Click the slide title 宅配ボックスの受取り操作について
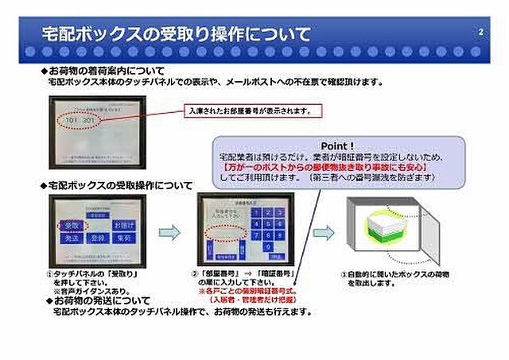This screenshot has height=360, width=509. (x=176, y=34)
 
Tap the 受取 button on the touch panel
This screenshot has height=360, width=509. (x=71, y=226)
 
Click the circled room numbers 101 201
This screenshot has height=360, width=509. (x=80, y=120)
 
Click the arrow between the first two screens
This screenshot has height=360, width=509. (x=169, y=232)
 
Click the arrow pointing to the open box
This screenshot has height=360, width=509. (x=323, y=232)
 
